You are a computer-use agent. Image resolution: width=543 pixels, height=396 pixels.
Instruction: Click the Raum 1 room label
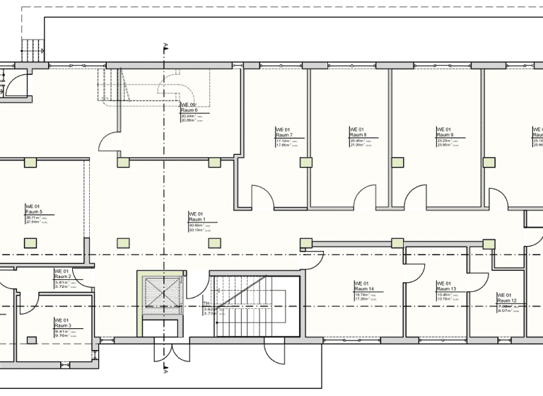pos(196,219)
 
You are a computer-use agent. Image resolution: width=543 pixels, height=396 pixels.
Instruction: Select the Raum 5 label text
pos(34,211)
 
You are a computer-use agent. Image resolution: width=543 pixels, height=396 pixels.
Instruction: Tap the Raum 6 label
pos(189,110)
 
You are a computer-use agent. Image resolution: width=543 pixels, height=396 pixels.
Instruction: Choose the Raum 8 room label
pos(358,134)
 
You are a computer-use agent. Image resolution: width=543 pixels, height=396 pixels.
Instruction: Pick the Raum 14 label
pos(363,289)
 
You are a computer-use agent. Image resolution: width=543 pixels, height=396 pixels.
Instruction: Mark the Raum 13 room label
pos(445,289)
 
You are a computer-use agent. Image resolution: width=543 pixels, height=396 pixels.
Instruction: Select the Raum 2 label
pos(63,276)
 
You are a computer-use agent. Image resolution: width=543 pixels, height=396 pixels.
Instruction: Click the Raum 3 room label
pos(63,325)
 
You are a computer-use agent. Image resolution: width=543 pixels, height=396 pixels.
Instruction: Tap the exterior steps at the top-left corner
pos(33,49)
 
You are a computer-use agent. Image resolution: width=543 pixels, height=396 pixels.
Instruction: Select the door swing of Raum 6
pos(109,144)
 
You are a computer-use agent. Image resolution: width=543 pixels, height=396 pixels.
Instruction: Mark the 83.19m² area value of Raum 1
pos(196,230)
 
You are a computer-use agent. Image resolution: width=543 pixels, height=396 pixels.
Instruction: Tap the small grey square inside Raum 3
pos(31,340)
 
